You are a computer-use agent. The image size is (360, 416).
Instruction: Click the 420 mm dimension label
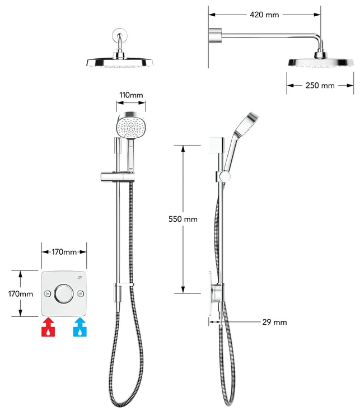[264, 15]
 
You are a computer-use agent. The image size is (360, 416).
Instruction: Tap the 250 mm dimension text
[320, 86]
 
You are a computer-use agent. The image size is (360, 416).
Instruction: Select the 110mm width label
[131, 95]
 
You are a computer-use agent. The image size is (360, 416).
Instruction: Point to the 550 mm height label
[183, 219]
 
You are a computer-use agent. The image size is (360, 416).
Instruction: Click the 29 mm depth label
[274, 322]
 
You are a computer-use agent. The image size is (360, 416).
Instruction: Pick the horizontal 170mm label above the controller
[64, 252]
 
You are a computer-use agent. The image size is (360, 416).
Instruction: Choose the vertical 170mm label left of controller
[20, 294]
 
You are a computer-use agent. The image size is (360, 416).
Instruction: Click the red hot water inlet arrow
[48, 328]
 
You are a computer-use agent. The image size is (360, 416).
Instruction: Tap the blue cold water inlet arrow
[80, 328]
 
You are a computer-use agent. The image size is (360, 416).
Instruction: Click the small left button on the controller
[48, 294]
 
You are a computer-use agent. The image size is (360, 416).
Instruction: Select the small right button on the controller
[81, 294]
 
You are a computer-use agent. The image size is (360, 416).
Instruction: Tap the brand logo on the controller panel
[80, 277]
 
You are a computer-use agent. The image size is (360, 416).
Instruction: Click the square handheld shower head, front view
[130, 125]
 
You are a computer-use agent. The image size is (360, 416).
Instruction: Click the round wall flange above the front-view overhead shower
[119, 35]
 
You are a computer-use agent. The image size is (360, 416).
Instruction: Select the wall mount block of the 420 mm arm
[215, 35]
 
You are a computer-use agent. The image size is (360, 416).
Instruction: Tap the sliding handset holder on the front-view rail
[118, 177]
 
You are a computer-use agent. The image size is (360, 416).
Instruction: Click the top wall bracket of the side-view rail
[217, 145]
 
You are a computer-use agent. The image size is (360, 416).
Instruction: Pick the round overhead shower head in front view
[120, 62]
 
